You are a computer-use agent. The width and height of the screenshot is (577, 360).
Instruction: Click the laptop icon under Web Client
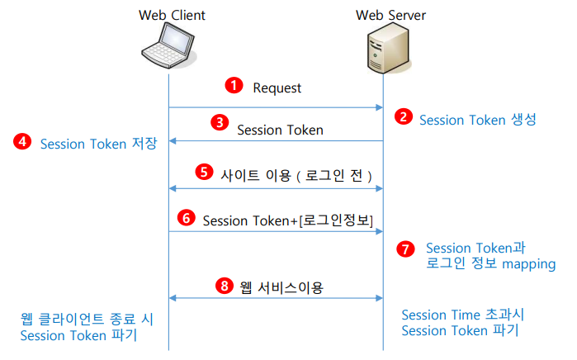click(x=169, y=49)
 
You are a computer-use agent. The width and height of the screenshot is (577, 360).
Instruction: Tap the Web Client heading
click(x=172, y=15)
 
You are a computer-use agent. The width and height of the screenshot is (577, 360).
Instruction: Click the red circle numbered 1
click(x=235, y=86)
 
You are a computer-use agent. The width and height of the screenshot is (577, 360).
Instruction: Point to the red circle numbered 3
click(x=219, y=122)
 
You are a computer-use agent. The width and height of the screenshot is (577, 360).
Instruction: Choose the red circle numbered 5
click(x=203, y=173)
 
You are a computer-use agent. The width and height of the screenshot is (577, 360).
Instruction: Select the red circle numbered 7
click(x=404, y=248)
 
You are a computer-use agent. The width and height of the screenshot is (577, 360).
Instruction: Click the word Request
click(x=277, y=88)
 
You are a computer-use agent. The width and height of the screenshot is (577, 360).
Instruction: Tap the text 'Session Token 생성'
click(x=478, y=119)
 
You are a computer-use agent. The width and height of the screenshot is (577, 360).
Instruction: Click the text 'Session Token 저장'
click(x=98, y=144)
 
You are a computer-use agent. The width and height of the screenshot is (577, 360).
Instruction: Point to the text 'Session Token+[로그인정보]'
click(x=288, y=220)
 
